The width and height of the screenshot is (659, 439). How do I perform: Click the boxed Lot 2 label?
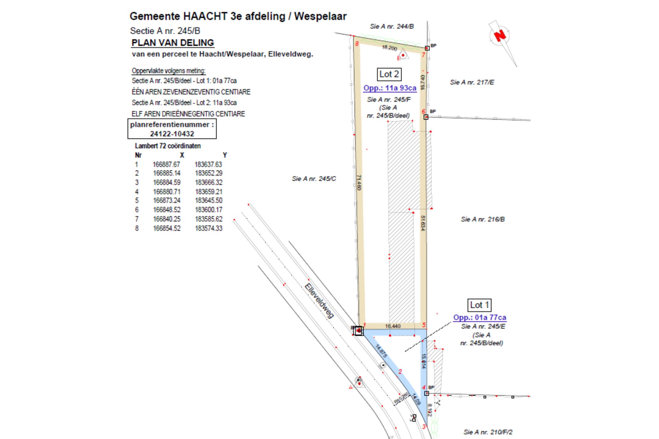point(389,74)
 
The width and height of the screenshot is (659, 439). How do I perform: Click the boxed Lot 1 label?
point(479,305)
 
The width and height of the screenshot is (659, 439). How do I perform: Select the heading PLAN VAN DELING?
point(173,43)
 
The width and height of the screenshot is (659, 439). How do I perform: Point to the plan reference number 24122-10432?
point(172,134)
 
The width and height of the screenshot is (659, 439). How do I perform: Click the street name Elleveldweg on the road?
point(319,301)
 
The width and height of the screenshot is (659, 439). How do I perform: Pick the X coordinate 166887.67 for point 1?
point(166,164)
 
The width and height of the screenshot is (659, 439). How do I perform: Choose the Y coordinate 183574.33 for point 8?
point(209,228)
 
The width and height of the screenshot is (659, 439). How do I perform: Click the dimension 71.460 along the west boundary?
point(359,182)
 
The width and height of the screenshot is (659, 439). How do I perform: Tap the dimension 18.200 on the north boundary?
point(390,48)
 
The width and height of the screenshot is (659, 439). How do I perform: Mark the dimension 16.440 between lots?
point(393,326)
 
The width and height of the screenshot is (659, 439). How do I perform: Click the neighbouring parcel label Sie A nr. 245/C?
point(314,179)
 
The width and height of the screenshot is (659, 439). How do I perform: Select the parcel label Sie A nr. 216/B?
point(483,219)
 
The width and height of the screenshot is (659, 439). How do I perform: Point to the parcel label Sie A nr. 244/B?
point(392,27)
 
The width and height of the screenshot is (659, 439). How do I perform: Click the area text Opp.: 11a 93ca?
point(390,88)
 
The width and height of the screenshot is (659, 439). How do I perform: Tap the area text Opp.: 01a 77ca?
point(479,317)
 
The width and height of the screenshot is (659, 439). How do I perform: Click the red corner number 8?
point(357,44)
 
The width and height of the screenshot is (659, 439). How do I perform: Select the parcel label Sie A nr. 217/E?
point(472,82)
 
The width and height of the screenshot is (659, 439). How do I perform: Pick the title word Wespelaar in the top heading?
point(320,16)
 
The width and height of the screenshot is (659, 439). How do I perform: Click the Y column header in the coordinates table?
point(225,155)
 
